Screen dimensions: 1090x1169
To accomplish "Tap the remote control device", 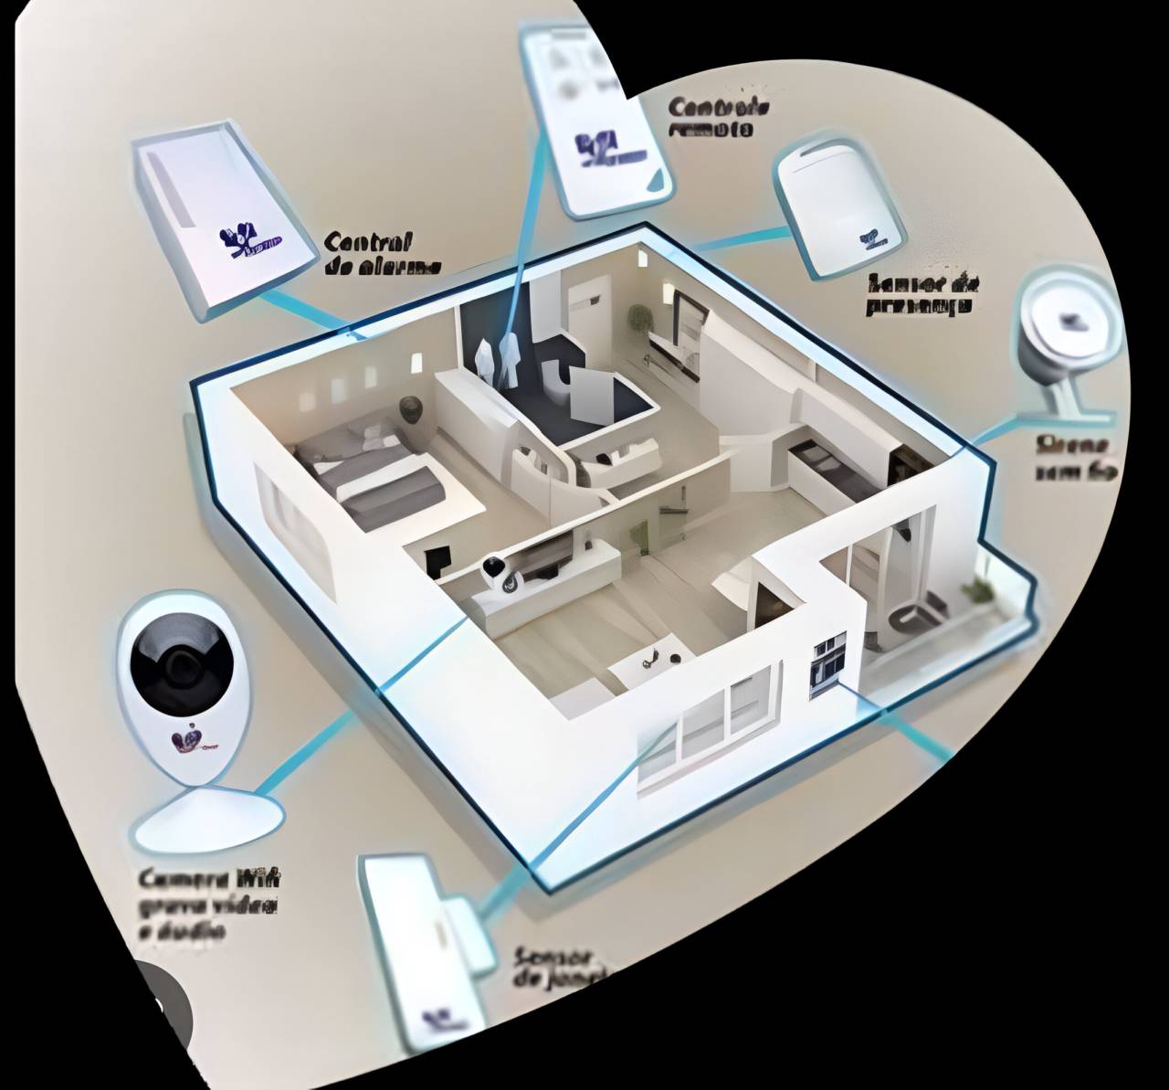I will pyautogui.click(x=598, y=119).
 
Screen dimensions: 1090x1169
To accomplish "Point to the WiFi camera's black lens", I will pyautogui.click(x=180, y=662).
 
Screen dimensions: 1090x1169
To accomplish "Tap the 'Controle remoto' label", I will pyautogui.click(x=718, y=117).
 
